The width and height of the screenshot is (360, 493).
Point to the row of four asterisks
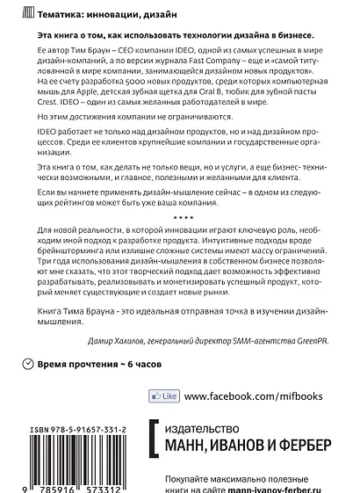180,216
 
